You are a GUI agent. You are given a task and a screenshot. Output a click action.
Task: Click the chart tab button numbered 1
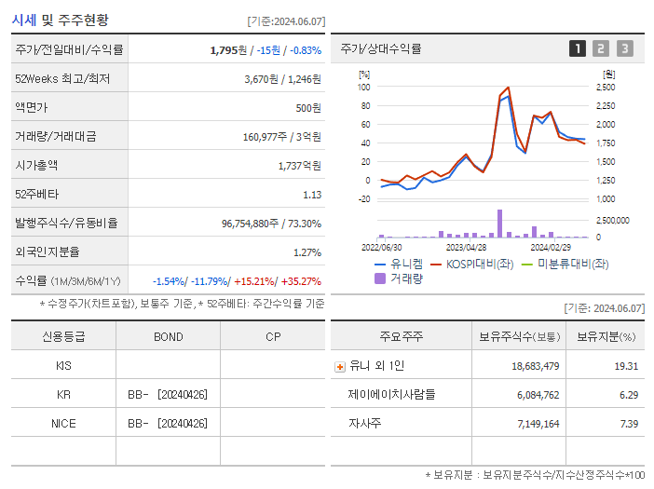click(x=578, y=48)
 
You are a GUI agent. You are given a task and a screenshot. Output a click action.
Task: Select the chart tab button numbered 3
click(x=624, y=48)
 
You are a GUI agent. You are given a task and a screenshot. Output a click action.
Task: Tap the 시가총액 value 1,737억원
click(x=299, y=165)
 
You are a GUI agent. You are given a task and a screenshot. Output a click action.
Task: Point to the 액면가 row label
click(x=34, y=107)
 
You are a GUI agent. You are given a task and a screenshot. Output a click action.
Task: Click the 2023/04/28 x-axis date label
click(x=468, y=248)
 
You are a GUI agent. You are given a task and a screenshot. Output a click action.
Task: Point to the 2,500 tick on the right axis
click(x=606, y=87)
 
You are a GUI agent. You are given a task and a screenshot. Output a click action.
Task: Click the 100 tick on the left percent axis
click(x=363, y=87)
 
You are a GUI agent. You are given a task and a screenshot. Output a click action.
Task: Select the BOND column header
click(x=168, y=336)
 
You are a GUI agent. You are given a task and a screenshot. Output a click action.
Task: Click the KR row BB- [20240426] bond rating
click(x=168, y=394)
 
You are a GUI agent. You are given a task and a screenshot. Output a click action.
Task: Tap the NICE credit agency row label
click(x=63, y=423)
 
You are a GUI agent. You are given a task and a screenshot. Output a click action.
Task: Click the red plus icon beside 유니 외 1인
click(x=339, y=366)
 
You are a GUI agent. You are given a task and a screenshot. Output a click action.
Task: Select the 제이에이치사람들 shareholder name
click(x=391, y=394)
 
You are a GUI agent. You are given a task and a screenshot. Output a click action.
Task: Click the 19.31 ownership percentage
click(x=626, y=366)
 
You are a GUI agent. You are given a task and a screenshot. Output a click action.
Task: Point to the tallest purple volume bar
click(x=499, y=224)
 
